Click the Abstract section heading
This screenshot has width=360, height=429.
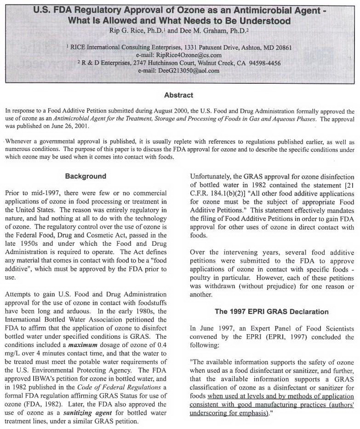[179, 95]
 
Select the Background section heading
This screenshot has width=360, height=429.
[86, 176]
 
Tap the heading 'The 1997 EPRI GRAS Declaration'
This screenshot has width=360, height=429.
[271, 312]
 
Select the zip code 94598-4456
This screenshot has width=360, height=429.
[263, 63]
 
